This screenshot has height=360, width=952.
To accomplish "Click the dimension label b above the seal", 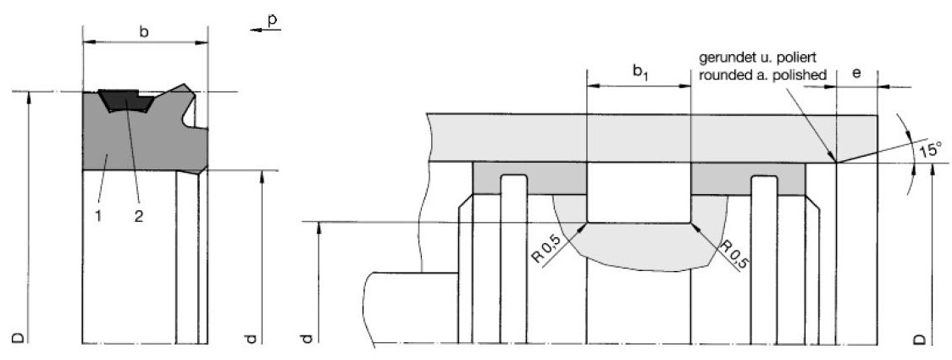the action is [x=144, y=31].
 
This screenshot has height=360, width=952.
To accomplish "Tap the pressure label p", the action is [x=273, y=19].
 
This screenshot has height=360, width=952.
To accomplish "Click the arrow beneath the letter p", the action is [x=266, y=29].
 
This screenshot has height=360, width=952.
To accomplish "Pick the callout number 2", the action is [x=139, y=215].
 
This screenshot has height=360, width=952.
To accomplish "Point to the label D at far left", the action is [x=19, y=337].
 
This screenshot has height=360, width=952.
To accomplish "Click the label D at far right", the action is [x=921, y=337].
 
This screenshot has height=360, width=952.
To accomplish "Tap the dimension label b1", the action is [x=639, y=72].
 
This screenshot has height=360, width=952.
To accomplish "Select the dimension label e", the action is [x=856, y=74].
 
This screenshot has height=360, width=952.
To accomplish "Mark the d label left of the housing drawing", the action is [x=307, y=337].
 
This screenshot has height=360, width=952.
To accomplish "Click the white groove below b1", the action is [x=639, y=192].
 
